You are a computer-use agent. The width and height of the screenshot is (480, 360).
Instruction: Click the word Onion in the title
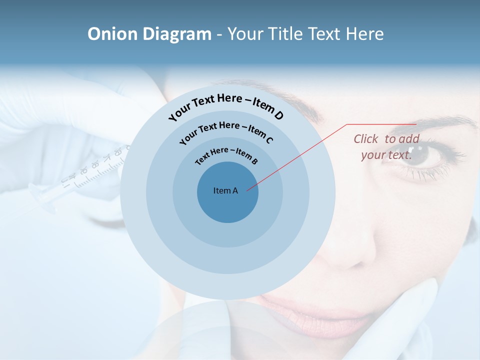point(113,34)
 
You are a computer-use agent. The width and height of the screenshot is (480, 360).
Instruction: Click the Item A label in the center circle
point(225,190)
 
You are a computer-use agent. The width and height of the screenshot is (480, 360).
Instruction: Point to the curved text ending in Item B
point(226,154)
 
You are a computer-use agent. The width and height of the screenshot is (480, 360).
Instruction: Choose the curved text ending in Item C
point(226,131)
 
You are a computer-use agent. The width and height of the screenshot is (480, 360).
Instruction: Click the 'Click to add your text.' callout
point(386,147)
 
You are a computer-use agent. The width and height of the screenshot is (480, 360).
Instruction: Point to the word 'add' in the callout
point(409,139)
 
